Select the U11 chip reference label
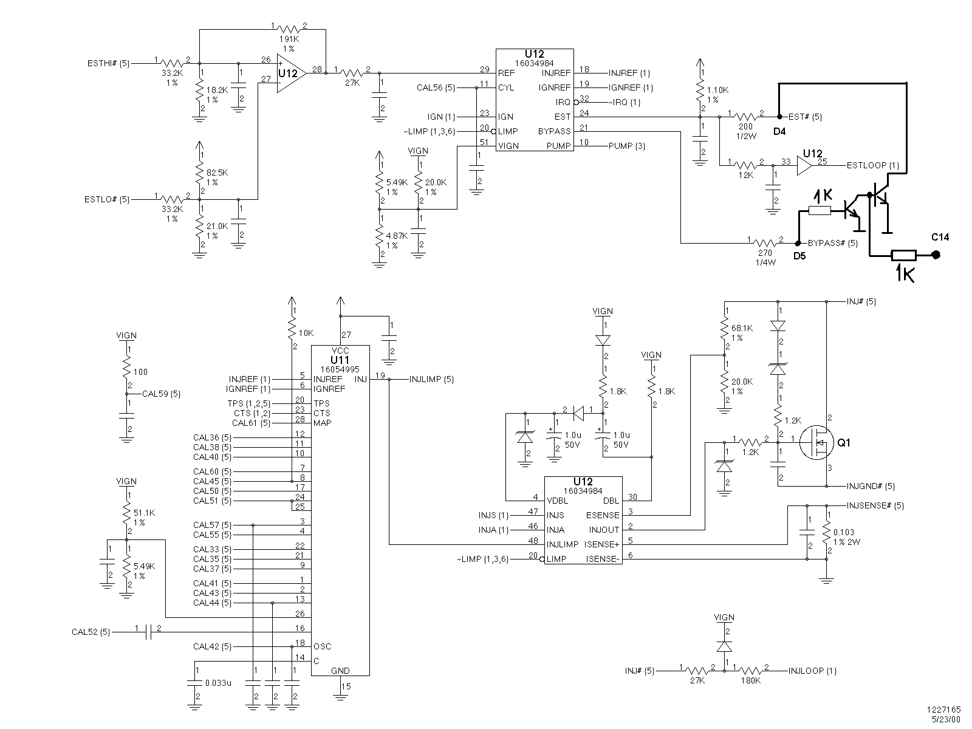coord(340,360)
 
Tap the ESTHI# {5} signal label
coord(109,63)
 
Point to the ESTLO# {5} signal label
coord(107,200)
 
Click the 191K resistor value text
coord(289,39)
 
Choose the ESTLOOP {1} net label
coord(873,165)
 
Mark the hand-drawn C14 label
coord(940,238)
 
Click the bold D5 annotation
coord(799,256)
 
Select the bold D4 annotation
coord(779,131)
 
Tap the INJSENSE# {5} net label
coord(875,505)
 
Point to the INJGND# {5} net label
coord(871,486)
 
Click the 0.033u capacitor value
coord(218,683)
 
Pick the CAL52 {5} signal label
coord(91,632)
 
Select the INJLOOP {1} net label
coord(812,671)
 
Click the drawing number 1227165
coord(943,710)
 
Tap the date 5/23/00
coord(946,720)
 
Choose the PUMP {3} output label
coord(626,146)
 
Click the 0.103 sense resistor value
coord(844,533)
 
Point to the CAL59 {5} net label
coord(161,394)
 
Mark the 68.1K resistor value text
coord(742,329)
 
